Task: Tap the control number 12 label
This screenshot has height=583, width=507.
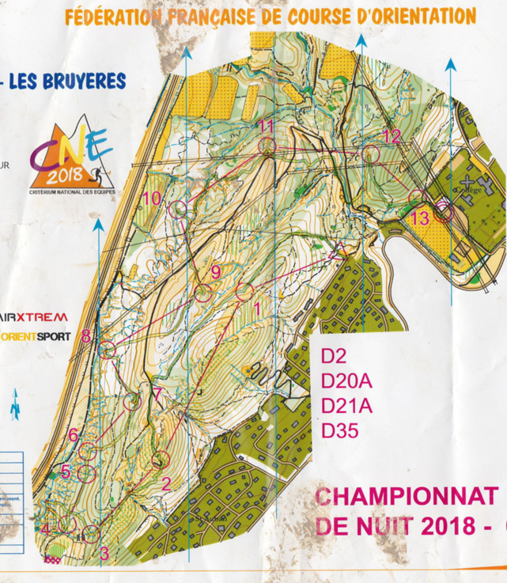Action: point(392,135)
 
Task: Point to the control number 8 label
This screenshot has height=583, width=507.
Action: point(85,335)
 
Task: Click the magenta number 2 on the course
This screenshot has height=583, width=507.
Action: point(166,483)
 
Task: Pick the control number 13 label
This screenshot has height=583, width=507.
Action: point(421,218)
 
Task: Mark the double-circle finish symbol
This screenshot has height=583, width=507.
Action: point(444,210)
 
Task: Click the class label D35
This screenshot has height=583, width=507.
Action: point(340,431)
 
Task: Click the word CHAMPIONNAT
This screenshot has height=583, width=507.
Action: point(406,497)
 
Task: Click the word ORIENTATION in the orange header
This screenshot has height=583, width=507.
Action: point(421,17)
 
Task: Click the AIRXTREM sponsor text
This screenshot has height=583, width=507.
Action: point(34,316)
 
